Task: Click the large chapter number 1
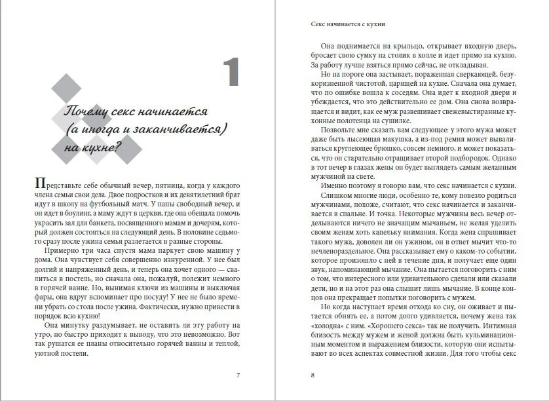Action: pos(230,73)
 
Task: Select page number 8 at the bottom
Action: pos(313,375)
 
